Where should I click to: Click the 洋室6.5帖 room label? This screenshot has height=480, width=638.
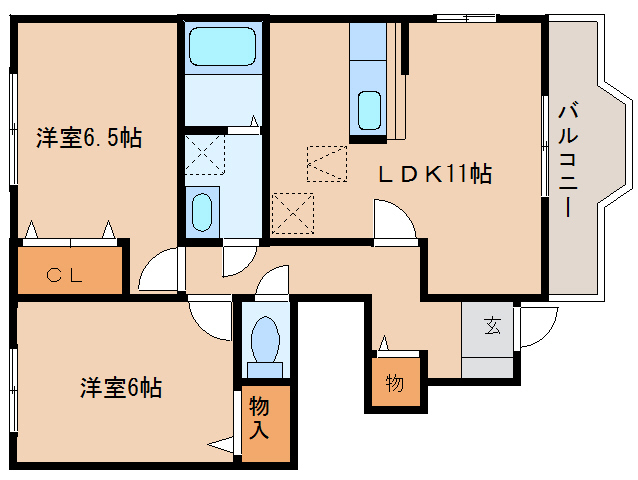[89, 137]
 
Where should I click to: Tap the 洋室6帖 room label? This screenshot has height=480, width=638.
[121, 387]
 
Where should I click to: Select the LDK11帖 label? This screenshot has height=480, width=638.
[433, 173]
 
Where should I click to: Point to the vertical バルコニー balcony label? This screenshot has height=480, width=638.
[566, 160]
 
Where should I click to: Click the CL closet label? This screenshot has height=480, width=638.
[69, 273]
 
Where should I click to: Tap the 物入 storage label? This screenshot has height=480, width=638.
[259, 418]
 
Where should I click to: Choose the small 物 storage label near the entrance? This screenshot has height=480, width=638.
[395, 382]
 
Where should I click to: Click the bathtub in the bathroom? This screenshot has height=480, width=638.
[223, 47]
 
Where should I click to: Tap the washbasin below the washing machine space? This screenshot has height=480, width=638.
[203, 213]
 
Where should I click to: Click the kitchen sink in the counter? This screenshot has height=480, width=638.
[369, 108]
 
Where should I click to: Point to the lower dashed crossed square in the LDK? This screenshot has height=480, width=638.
[293, 210]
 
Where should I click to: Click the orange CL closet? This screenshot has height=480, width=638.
[70, 269]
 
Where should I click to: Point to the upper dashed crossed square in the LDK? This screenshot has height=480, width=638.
[326, 163]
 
